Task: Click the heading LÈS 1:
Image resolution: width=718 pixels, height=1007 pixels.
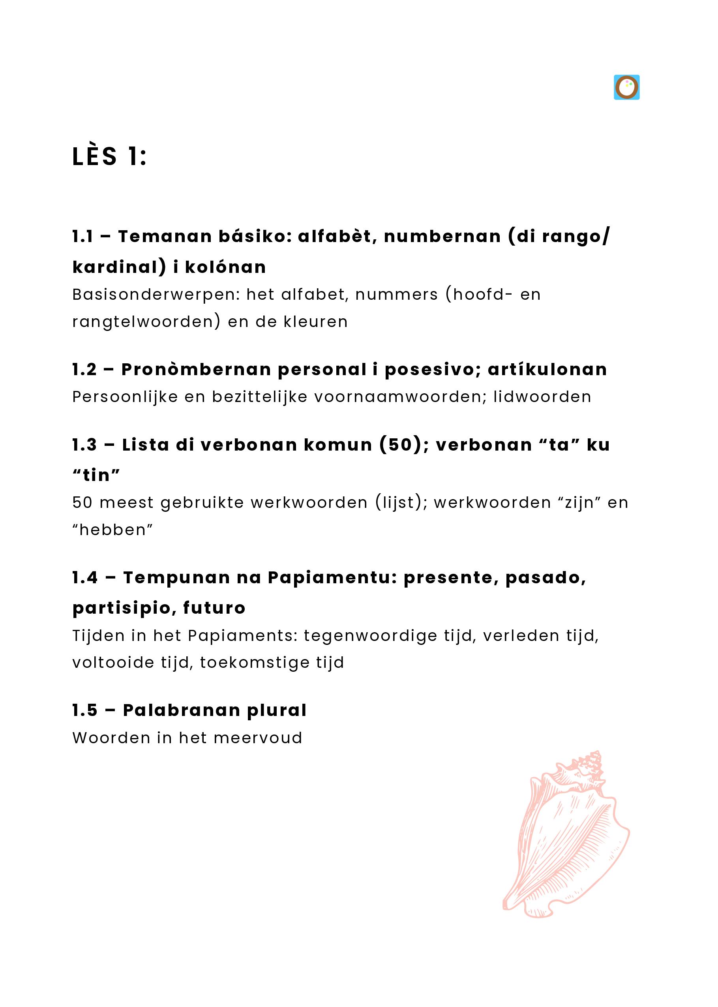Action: (x=109, y=157)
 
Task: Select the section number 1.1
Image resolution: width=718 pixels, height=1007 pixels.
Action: (x=82, y=237)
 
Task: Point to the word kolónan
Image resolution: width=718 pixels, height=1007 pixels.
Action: (x=225, y=267)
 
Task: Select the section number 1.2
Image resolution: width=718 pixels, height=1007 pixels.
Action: (x=84, y=370)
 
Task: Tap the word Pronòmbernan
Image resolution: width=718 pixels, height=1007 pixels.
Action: (x=196, y=370)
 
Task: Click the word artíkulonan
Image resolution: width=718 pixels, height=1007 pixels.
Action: (x=547, y=370)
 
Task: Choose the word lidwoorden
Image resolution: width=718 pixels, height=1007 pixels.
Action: (x=542, y=397)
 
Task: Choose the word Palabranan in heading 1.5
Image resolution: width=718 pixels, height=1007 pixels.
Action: (x=181, y=710)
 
